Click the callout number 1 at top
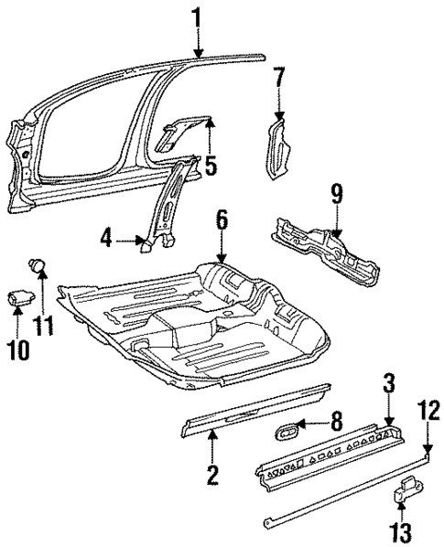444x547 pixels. pyautogui.click(x=197, y=16)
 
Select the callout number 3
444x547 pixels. pyautogui.click(x=388, y=387)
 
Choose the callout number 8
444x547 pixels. pyautogui.click(x=337, y=424)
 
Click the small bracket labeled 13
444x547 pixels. pyautogui.click(x=405, y=494)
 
